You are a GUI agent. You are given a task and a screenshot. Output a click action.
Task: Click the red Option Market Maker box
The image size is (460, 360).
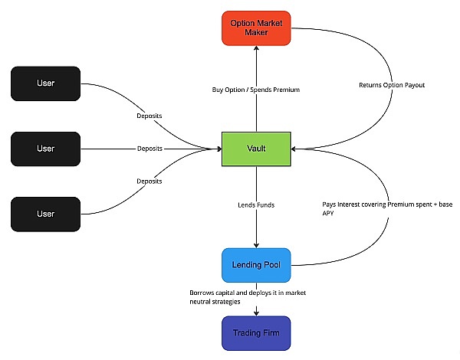pos(256,28)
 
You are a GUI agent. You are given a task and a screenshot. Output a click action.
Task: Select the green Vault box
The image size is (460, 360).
pos(256,148)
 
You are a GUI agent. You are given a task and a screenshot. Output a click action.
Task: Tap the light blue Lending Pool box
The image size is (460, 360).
pos(256,265)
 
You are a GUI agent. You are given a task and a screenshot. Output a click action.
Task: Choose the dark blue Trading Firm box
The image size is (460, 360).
pos(256,334)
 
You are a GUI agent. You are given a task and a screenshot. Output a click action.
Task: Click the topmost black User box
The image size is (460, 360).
pos(46,83)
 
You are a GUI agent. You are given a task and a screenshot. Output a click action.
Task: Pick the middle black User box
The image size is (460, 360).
pos(46,148)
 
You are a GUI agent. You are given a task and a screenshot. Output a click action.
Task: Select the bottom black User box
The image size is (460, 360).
pos(46,214)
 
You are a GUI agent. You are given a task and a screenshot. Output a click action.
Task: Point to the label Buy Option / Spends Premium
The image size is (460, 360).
pos(256,90)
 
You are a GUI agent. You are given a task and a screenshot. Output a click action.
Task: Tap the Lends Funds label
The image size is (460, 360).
pos(256,205)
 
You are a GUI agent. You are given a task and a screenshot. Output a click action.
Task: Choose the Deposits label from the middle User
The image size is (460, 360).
pos(149,148)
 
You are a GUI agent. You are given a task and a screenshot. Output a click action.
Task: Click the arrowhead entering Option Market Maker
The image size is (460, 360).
pos(256,51)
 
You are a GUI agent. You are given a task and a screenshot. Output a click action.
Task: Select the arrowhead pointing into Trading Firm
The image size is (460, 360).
pos(256,312)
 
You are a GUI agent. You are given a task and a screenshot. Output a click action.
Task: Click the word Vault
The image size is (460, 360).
pos(256,148)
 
